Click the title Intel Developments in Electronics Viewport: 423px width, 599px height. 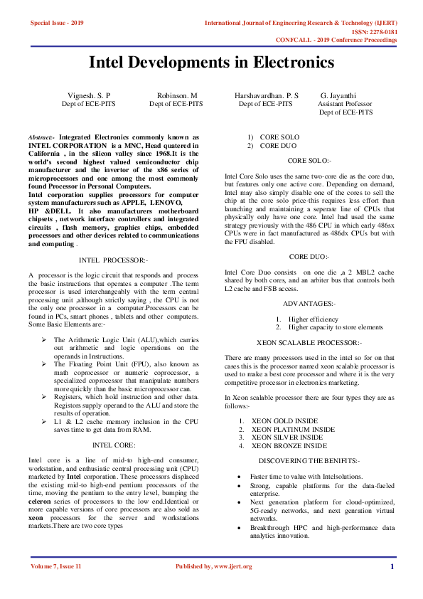pos(211,62)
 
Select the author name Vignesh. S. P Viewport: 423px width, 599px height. pos(89,95)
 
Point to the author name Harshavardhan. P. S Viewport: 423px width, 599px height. pos(266,95)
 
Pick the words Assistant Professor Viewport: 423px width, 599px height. pos(345,103)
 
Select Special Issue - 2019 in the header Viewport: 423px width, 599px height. pos(57,23)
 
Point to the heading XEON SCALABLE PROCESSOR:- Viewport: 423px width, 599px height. pos(309,343)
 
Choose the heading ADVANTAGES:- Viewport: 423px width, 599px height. pos(309,304)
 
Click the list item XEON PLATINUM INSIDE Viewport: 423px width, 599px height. pos(293,430)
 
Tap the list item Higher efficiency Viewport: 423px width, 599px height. pos(314,319)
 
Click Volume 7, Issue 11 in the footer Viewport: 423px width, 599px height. pos(57,566)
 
